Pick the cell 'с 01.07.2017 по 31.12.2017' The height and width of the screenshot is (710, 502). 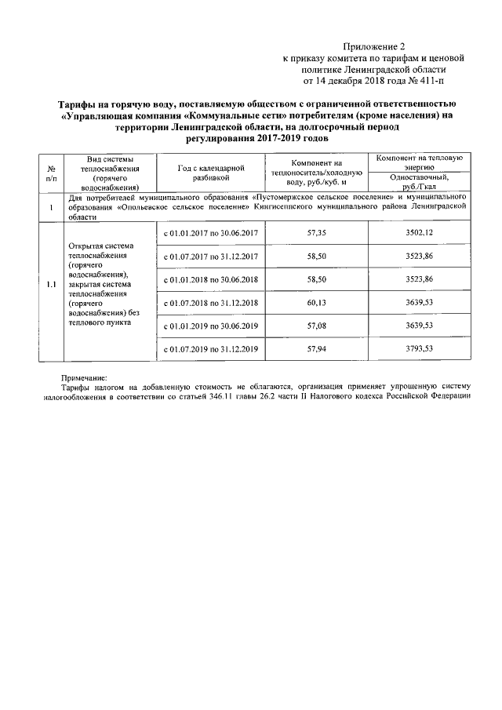click(x=211, y=257)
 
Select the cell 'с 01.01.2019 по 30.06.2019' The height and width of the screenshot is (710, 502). click(x=211, y=325)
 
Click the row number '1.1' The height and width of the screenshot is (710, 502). click(x=50, y=284)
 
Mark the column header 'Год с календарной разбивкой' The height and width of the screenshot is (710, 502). click(x=211, y=173)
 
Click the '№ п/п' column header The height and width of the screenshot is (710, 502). click(x=50, y=173)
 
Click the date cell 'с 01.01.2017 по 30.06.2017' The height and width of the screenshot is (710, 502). click(x=211, y=234)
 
